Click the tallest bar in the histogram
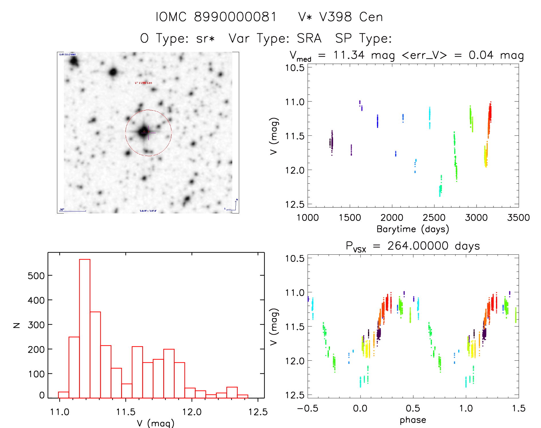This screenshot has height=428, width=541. pyautogui.click(x=85, y=328)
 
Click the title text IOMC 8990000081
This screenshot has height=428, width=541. pyautogui.click(x=216, y=17)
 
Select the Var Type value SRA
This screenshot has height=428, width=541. pyautogui.click(x=309, y=38)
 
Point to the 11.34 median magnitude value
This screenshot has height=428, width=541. pyautogui.click(x=349, y=55)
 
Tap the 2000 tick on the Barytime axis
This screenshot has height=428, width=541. pyautogui.click(x=392, y=217)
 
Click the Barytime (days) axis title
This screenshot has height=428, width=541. pyautogui.click(x=413, y=229)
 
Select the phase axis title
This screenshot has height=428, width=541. pyautogui.click(x=413, y=420)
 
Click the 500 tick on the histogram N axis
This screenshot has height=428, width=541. pyautogui.click(x=36, y=276)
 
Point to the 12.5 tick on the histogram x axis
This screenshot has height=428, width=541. pyautogui.click(x=258, y=412)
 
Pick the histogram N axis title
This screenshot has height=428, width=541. pyautogui.click(x=17, y=325)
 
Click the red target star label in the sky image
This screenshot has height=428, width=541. pyautogui.click(x=143, y=83)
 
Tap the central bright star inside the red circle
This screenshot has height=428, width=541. pyautogui.click(x=143, y=132)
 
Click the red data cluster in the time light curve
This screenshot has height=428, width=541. pyautogui.click(x=490, y=113)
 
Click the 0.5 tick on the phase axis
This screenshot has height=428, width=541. pyautogui.click(x=413, y=408)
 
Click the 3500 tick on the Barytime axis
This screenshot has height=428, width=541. pyautogui.click(x=518, y=217)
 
